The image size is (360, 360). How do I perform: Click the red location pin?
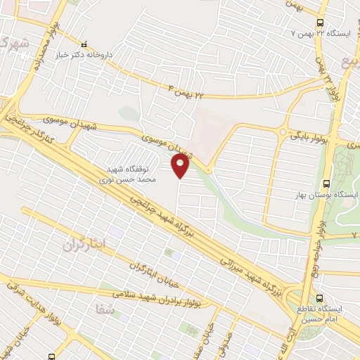[x=181, y=166]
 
